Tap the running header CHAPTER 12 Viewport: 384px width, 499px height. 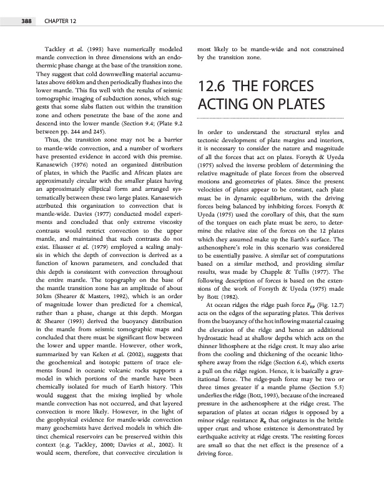(x=61, y=21)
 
